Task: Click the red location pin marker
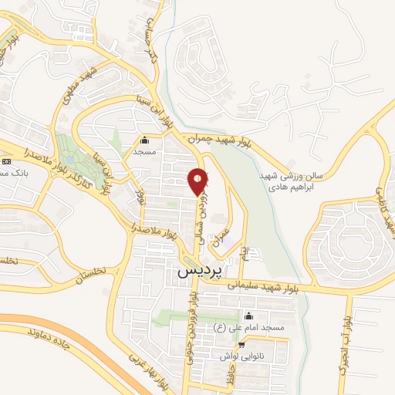click(x=198, y=181)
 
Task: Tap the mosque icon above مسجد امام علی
click(x=248, y=316)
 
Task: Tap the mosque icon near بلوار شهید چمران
click(x=144, y=140)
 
